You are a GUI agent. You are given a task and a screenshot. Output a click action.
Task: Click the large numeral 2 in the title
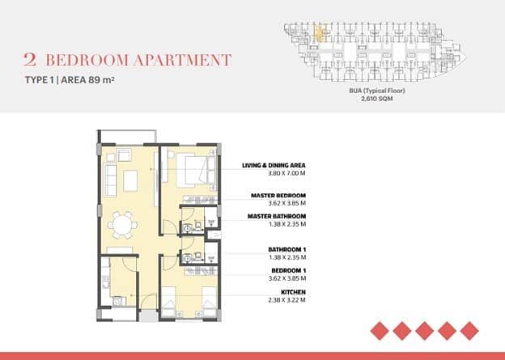[x=30, y=60]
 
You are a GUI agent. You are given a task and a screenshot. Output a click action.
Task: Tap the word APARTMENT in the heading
[x=182, y=60]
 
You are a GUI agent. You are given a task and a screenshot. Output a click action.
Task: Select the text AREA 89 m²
[x=87, y=80]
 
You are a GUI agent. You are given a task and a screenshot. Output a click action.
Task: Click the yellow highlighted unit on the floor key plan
[x=320, y=34]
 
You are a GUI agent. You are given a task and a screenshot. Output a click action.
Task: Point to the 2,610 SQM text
[x=377, y=99]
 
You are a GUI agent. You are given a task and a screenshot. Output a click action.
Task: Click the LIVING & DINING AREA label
[x=274, y=165]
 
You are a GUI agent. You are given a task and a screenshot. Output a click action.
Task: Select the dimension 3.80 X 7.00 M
[x=286, y=173]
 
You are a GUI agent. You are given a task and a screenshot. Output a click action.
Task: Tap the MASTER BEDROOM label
[x=278, y=196]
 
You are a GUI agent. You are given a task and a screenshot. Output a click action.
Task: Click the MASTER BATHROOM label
[x=277, y=216]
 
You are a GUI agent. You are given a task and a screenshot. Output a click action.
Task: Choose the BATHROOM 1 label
[x=287, y=249]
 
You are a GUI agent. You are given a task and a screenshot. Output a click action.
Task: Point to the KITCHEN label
[x=293, y=292]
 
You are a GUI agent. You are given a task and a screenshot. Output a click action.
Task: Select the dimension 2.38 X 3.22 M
[x=286, y=300]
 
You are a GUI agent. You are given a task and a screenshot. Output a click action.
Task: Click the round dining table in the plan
[x=122, y=225]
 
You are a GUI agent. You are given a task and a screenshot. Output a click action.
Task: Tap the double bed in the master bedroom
[x=196, y=170]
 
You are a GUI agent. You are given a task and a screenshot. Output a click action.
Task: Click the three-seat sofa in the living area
[x=111, y=180]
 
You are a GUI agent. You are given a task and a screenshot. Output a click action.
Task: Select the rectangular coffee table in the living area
[x=130, y=180]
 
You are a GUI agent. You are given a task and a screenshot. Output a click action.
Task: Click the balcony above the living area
[x=128, y=137]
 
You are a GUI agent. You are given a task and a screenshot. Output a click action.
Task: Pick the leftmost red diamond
[x=380, y=331]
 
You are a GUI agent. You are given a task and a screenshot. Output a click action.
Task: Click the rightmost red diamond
[x=469, y=331]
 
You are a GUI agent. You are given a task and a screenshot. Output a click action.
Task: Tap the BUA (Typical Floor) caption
[x=377, y=91]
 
